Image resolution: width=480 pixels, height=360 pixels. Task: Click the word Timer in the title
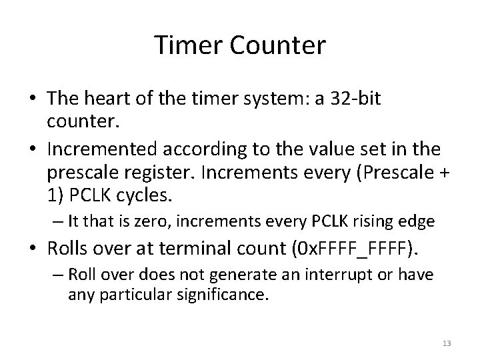pos(187,46)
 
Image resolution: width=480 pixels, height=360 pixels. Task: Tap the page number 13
pos(447,343)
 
